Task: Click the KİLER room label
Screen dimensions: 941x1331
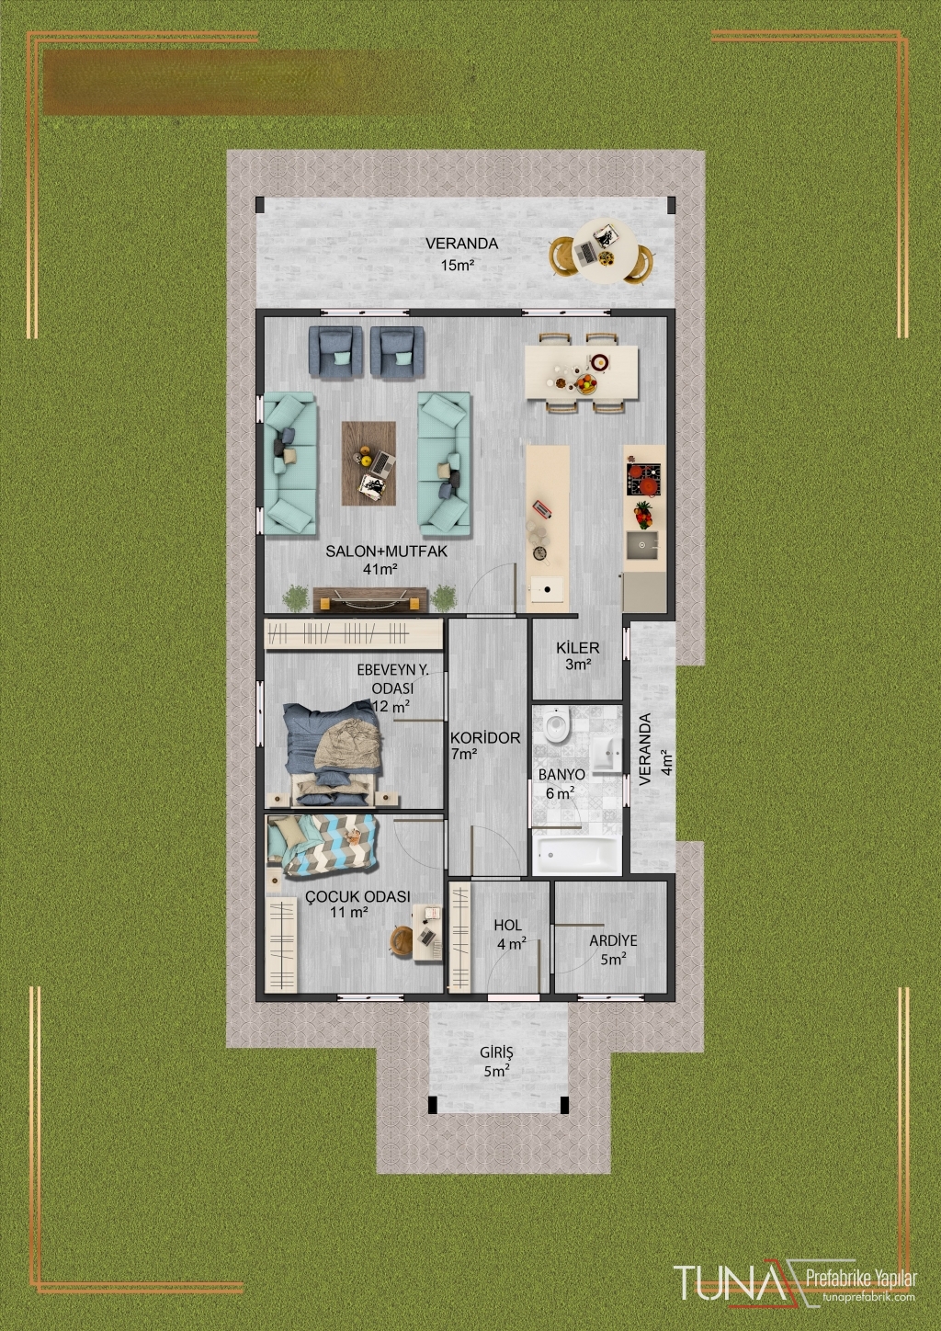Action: point(577,648)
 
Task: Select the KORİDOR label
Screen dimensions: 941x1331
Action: point(485,739)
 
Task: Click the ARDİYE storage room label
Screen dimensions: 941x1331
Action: point(613,940)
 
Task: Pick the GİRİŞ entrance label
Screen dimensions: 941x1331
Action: point(496,1052)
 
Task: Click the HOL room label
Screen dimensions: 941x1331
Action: point(508,925)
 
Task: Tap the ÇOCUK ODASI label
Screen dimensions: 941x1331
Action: point(357,896)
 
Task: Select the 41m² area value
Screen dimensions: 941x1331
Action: point(380,569)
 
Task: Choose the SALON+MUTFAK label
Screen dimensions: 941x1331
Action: point(386,552)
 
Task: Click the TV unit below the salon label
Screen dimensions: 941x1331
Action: point(370,599)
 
